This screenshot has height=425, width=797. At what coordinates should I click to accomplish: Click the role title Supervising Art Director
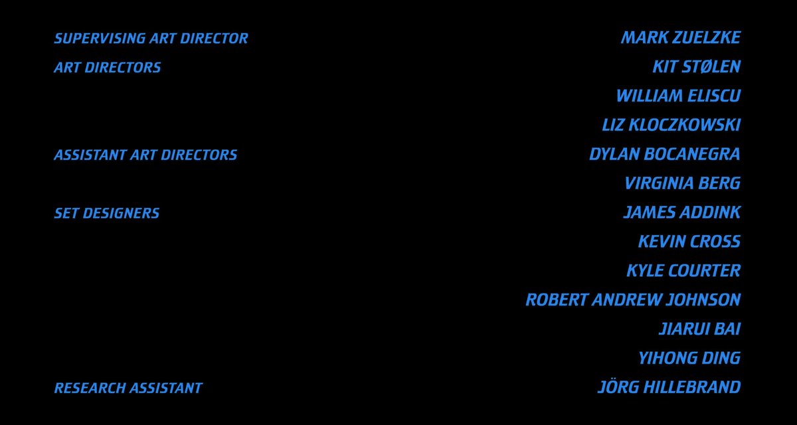[x=151, y=39]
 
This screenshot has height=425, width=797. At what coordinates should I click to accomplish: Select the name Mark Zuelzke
[x=681, y=38]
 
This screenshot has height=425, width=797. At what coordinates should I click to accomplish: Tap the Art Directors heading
[x=108, y=68]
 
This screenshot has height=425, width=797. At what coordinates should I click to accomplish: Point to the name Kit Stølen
[x=697, y=67]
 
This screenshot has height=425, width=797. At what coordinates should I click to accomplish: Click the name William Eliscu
[x=679, y=96]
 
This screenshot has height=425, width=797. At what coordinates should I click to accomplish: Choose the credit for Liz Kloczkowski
[x=671, y=126]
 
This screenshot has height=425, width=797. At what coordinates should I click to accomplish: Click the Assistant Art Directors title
[x=145, y=155]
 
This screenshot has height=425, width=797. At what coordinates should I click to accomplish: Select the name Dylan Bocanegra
[x=665, y=154]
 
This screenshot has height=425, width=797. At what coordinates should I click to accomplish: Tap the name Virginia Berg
[x=683, y=183]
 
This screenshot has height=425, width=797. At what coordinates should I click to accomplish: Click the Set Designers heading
[x=107, y=213]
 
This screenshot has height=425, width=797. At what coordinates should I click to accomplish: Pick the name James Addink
[x=682, y=212]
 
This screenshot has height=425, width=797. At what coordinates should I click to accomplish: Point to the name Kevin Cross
[x=689, y=242]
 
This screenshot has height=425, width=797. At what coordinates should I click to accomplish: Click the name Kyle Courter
[x=684, y=271]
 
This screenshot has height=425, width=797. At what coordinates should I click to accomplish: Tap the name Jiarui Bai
[x=700, y=329]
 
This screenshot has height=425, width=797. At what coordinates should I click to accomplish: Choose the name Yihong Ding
[x=689, y=359]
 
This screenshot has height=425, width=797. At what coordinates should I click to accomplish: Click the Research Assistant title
[x=128, y=388]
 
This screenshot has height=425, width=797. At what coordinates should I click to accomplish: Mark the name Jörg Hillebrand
[x=669, y=387]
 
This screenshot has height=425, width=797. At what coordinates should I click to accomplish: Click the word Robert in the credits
[x=557, y=300]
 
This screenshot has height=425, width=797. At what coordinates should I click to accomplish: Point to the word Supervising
[x=100, y=39]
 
